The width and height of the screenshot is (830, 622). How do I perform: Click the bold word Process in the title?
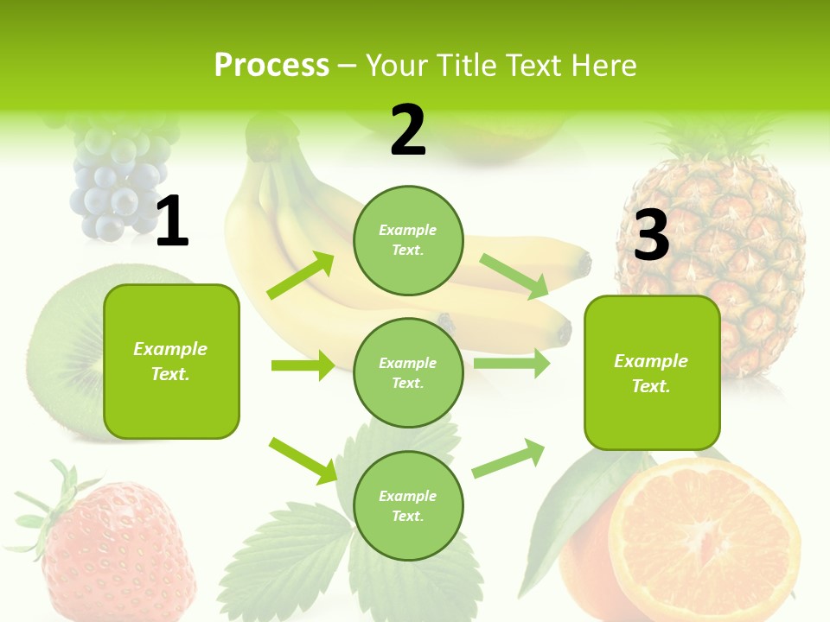[271, 66]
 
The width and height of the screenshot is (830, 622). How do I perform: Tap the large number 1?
[172, 222]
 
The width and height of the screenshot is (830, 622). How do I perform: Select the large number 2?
[408, 131]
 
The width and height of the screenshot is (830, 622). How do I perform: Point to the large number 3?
[652, 235]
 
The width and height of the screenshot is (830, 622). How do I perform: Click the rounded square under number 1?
[171, 361]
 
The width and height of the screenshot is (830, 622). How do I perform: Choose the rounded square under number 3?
[652, 373]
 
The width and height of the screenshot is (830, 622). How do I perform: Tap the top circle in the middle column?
[408, 240]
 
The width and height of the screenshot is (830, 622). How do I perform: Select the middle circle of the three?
[408, 372]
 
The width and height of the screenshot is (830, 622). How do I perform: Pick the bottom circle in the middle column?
[408, 505]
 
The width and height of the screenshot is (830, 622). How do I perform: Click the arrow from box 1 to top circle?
[301, 276]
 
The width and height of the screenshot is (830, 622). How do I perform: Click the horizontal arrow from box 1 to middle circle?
[303, 365]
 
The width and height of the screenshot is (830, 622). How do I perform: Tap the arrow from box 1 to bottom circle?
[303, 460]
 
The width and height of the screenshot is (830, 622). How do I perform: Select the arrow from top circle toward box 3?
[514, 276]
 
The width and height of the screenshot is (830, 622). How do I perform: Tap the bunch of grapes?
[119, 181]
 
